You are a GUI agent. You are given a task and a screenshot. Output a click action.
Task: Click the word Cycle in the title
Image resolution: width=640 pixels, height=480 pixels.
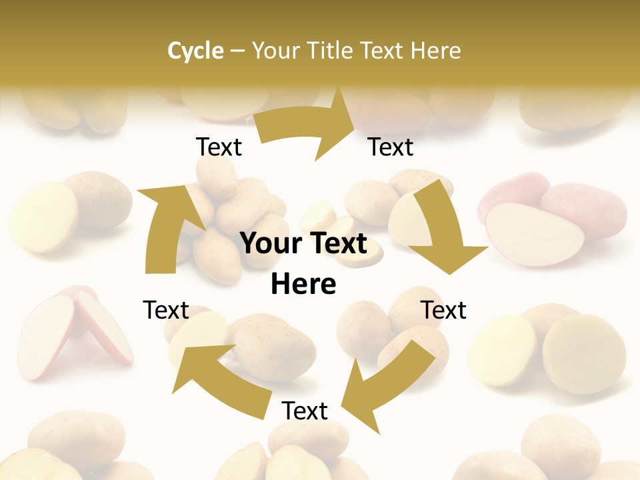(x=195, y=51)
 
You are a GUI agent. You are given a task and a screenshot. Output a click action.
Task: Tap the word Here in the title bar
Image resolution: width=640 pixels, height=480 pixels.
(x=435, y=51)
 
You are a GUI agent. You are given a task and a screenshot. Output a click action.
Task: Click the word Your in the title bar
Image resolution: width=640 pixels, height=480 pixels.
(x=275, y=51)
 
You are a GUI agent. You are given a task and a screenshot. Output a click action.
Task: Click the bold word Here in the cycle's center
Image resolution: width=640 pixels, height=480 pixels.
(x=303, y=285)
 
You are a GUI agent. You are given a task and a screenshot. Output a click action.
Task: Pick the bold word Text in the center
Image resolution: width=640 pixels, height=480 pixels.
(x=337, y=244)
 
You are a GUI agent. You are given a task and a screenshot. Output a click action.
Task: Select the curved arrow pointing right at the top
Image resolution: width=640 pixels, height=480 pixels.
(x=307, y=127)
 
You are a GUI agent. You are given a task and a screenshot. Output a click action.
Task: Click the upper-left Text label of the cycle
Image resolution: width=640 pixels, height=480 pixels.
(x=219, y=147)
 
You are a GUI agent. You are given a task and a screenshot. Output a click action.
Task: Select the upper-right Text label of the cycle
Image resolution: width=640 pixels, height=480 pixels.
(x=391, y=147)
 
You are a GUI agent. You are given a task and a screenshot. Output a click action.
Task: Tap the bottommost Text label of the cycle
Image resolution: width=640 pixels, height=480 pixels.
(x=305, y=411)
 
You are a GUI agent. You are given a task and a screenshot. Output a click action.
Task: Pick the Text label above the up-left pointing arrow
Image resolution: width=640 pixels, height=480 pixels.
(x=166, y=310)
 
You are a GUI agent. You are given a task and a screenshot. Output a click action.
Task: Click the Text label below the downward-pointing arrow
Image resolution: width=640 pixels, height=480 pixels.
(x=443, y=310)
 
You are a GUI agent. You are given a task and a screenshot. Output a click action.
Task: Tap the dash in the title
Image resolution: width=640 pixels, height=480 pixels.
(x=237, y=51)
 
